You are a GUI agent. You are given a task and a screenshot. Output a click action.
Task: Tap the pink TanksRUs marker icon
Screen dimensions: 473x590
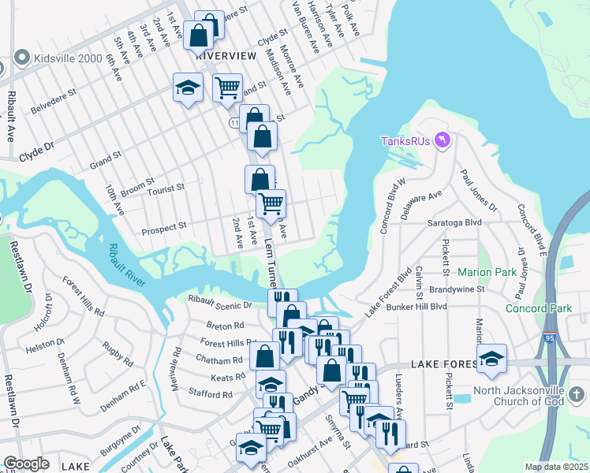442,140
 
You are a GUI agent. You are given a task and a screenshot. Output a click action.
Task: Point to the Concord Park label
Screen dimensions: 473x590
539,308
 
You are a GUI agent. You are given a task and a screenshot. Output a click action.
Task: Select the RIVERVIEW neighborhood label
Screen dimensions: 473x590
226,56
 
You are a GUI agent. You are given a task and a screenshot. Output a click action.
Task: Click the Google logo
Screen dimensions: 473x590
26,464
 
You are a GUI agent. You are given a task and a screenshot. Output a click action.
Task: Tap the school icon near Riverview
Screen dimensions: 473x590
189,88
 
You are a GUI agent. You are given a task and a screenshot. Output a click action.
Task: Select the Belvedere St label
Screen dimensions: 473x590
54,102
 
